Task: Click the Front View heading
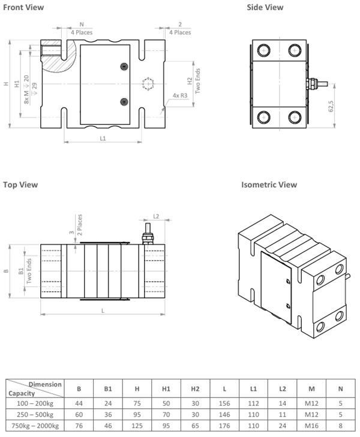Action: (23, 7)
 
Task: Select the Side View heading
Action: (265, 7)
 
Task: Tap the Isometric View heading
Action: (269, 185)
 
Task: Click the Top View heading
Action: (20, 185)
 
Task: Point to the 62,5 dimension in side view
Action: (331, 107)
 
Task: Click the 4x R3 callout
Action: (179, 95)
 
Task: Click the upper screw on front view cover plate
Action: (124, 66)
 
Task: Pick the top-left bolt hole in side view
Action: (262, 49)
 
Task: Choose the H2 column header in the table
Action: (195, 388)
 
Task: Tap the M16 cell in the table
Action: (311, 426)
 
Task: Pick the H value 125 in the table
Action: (137, 426)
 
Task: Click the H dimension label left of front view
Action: (6, 84)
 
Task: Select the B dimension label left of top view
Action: (6, 271)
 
